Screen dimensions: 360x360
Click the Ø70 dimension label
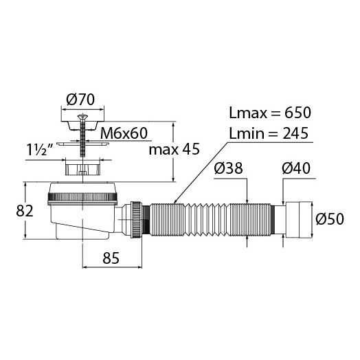pyautogui.click(x=80, y=100)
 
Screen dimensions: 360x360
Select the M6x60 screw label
pyautogui.click(x=124, y=133)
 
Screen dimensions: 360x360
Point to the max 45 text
pyautogui.click(x=175, y=150)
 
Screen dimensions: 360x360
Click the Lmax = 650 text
pyautogui.click(x=270, y=113)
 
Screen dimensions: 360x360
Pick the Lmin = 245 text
pyautogui.click(x=269, y=133)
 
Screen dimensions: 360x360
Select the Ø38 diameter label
pyautogui.click(x=228, y=168)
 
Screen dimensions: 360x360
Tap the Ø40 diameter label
pyautogui.click(x=296, y=168)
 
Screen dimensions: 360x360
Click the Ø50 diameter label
pyautogui.click(x=330, y=218)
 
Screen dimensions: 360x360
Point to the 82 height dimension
pyautogui.click(x=25, y=211)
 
